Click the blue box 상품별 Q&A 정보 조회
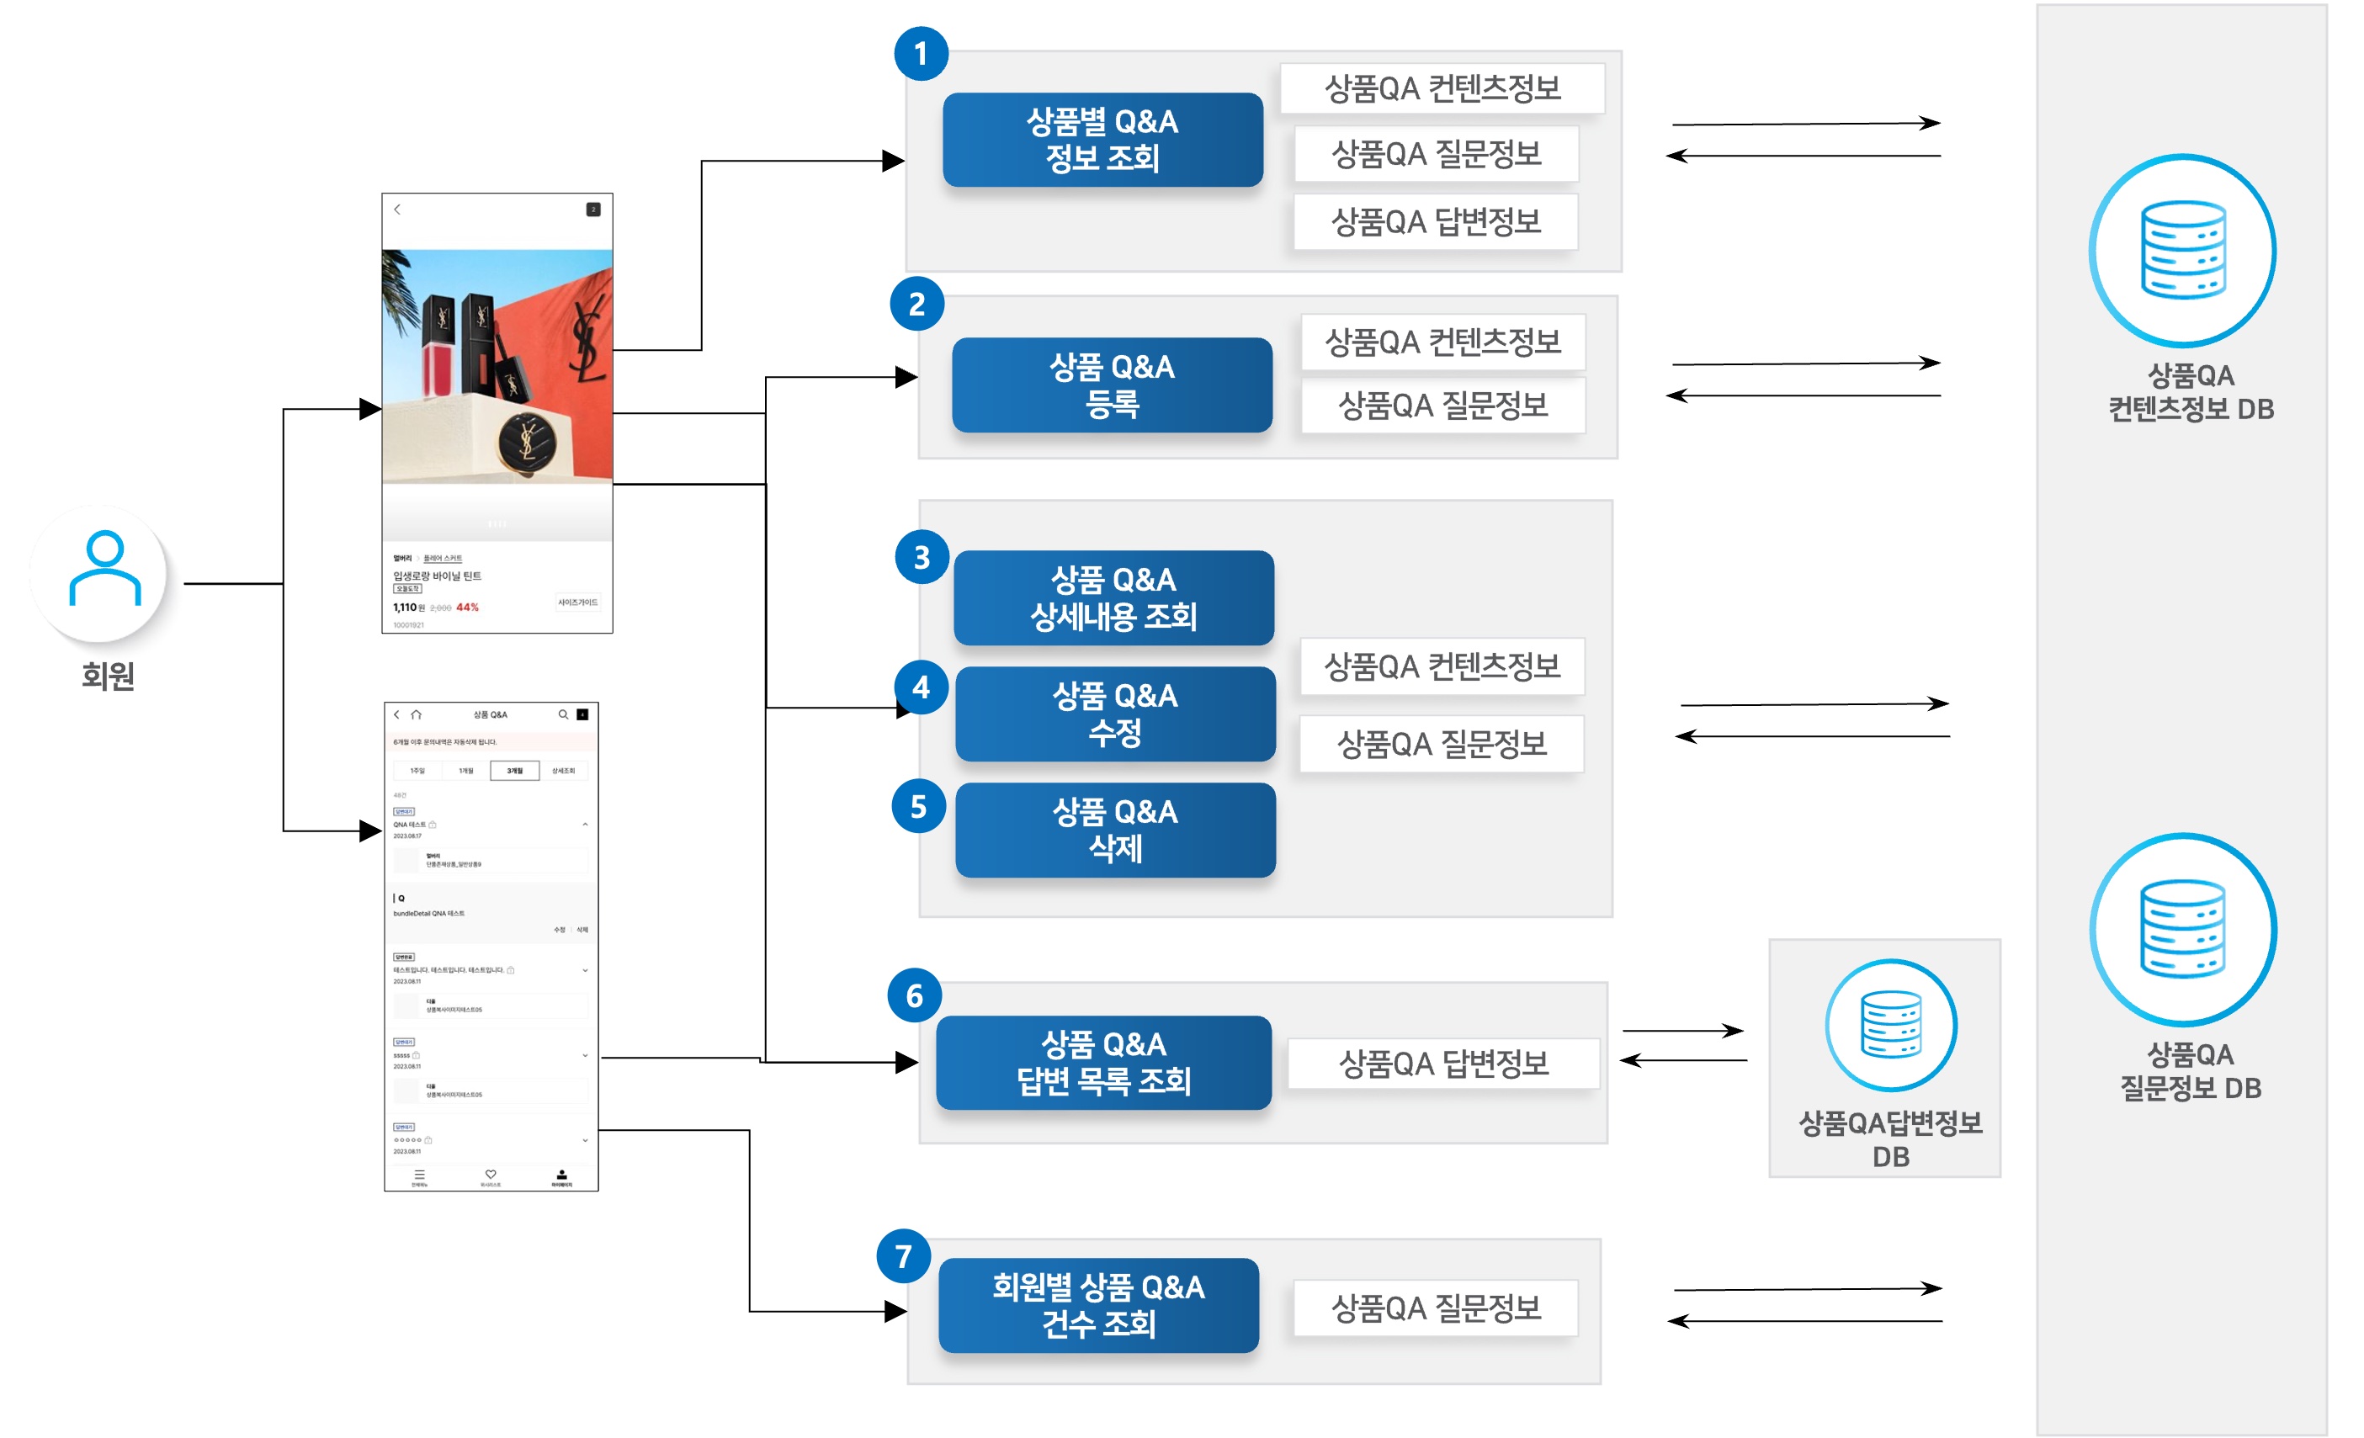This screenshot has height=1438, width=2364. [x=1102, y=140]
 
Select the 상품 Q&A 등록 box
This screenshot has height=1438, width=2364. [x=1112, y=385]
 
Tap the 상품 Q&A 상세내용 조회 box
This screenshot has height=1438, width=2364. [x=1113, y=597]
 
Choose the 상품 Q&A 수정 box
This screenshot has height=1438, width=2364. [x=1115, y=714]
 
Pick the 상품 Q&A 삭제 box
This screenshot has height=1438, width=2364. [x=1115, y=830]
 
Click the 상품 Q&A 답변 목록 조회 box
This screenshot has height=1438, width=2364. [x=1103, y=1062]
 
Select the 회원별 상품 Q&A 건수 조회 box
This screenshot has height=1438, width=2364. [x=1098, y=1305]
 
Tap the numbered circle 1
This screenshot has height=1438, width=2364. [x=921, y=54]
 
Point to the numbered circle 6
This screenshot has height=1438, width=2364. [x=914, y=995]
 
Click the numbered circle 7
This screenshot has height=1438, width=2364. [x=903, y=1255]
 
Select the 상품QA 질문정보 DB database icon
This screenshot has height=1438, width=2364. [x=2183, y=929]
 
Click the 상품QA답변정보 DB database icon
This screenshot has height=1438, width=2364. [x=1890, y=1025]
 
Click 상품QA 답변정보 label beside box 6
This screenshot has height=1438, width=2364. [x=1443, y=1063]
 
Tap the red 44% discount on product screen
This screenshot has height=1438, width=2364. [x=467, y=608]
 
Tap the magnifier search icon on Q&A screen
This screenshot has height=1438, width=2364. [x=563, y=714]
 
